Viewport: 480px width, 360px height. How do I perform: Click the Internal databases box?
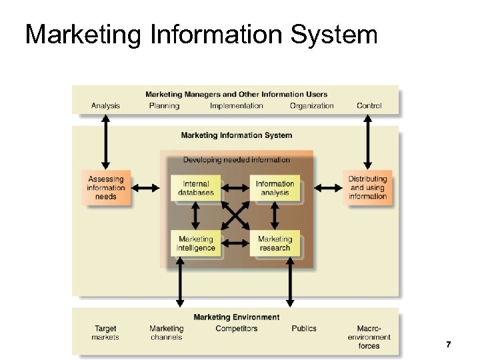195,189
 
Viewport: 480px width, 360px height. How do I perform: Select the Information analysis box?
275,189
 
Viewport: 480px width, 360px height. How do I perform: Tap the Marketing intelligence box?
195,243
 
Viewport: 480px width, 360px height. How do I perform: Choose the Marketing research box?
275,243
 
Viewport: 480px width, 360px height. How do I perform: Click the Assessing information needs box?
105,187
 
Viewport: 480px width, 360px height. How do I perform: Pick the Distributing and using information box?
367,187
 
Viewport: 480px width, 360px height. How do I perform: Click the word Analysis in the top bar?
105,105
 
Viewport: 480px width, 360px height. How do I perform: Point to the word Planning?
164,105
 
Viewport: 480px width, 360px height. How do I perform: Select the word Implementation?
236,105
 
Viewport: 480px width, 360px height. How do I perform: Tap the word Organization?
311,105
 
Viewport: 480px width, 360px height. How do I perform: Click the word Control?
369,105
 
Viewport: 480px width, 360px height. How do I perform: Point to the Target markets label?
105,333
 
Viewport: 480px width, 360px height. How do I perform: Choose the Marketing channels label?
166,333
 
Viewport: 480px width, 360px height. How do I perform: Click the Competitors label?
236,329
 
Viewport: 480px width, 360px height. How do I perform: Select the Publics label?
304,329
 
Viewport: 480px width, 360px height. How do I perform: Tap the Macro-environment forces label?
369,337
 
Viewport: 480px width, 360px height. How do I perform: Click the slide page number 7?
448,344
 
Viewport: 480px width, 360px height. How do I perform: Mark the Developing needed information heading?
236,160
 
